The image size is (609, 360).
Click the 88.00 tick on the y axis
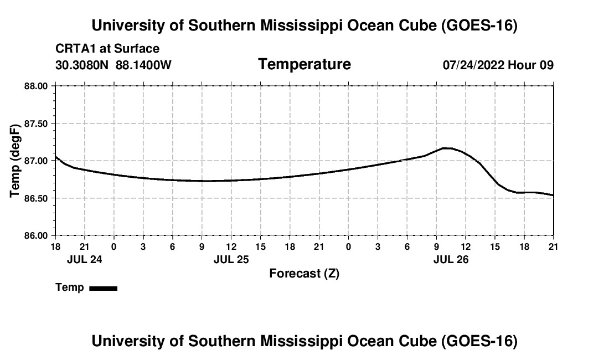pos(36,86)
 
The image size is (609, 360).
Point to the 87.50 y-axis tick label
pos(36,124)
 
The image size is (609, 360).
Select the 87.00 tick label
pos(36,161)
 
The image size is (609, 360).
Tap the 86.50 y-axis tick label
pos(36,198)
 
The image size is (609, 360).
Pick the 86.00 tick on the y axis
pos(36,236)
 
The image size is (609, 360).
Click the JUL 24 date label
pos(84,259)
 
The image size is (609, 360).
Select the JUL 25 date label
pos(231,259)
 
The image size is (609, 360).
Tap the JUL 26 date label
pos(451,259)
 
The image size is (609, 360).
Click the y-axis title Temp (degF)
pos(15,161)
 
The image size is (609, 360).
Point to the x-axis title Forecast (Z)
pos(304,274)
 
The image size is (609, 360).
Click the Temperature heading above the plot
pos(304,64)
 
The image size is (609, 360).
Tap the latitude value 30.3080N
pos(82,65)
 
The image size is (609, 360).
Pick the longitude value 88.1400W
pos(143,65)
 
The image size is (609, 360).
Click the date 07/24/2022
pos(473,65)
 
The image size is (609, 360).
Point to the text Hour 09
pos(530,65)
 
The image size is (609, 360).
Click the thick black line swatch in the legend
pos(104,288)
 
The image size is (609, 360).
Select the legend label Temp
pos(70,287)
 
